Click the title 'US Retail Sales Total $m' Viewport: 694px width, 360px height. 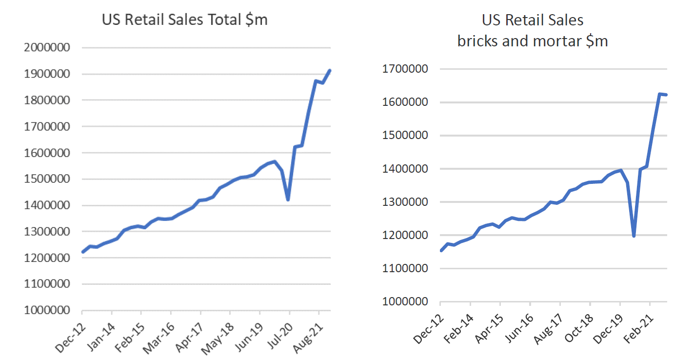(x=184, y=20)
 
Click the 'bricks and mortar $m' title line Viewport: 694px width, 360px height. (x=532, y=41)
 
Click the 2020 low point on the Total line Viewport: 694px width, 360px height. (x=288, y=200)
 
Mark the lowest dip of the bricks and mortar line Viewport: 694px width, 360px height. (x=634, y=236)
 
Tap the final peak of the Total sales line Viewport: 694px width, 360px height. (x=330, y=70)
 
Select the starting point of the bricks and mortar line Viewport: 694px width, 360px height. (x=441, y=251)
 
